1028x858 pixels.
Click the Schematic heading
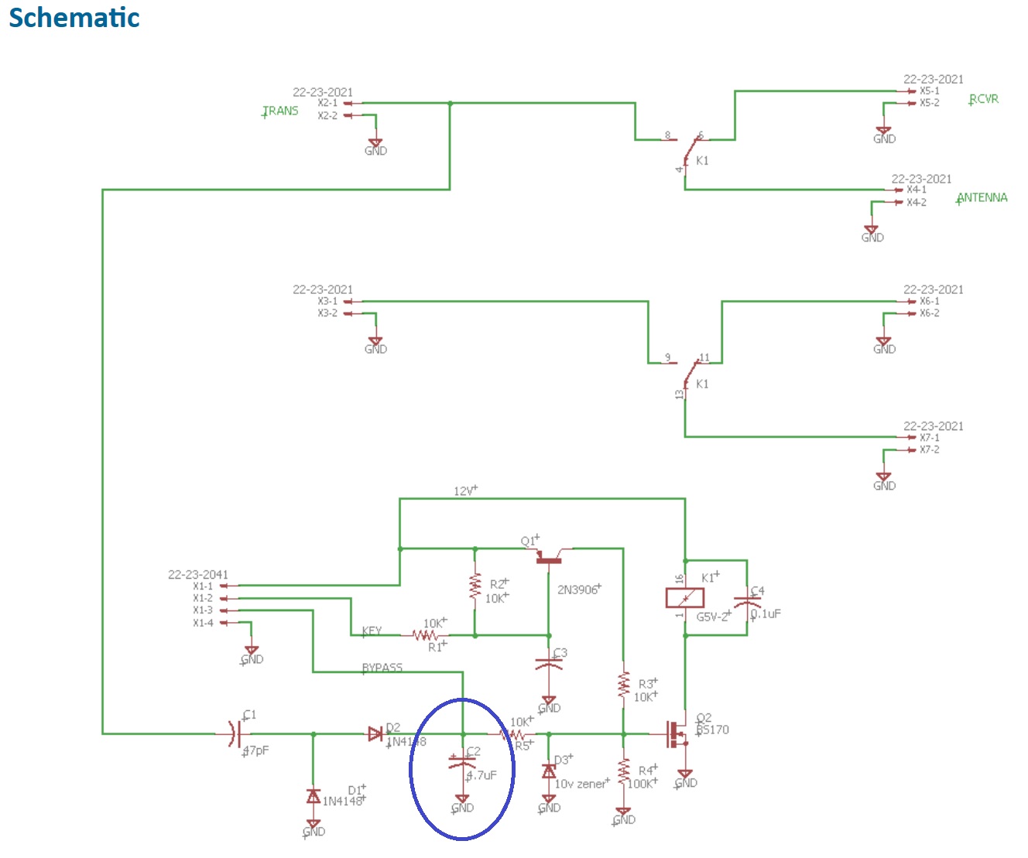(74, 18)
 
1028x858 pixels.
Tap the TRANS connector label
(280, 111)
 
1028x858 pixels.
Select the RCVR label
(984, 99)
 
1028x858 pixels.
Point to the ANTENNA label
(982, 197)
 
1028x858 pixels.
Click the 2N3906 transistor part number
(577, 590)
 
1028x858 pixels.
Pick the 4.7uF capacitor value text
(481, 774)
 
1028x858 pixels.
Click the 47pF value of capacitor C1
(256, 750)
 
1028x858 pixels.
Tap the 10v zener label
(581, 784)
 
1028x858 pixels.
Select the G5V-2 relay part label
(713, 617)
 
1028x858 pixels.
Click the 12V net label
(464, 491)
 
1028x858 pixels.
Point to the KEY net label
(372, 631)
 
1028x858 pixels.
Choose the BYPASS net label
(382, 668)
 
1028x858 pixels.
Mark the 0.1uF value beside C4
(766, 614)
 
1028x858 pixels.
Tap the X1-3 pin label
(203, 610)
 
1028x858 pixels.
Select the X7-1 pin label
(929, 437)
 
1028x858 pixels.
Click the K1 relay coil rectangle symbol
(685, 598)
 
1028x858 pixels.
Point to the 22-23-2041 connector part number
(198, 575)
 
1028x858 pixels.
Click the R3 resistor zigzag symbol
(623, 684)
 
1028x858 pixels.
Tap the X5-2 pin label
(929, 103)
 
